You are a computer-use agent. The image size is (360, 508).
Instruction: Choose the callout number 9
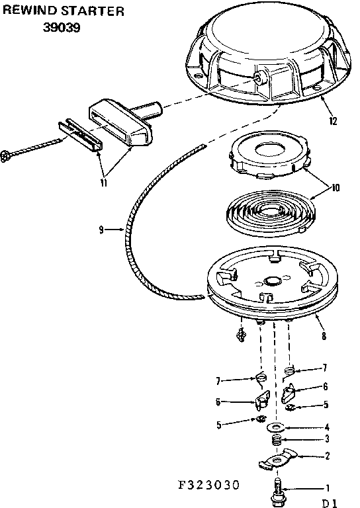coord(101,230)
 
